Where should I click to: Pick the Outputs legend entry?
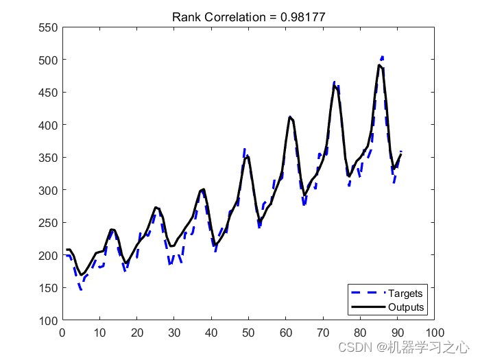407,307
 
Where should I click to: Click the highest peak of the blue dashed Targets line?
382,57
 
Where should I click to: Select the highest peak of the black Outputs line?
379,64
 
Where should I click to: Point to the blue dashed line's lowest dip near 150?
81,289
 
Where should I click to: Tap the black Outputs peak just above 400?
290,117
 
